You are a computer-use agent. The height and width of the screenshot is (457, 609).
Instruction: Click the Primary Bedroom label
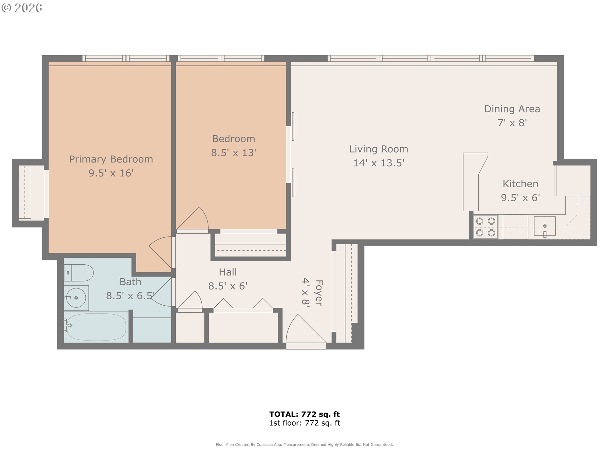coord(111,159)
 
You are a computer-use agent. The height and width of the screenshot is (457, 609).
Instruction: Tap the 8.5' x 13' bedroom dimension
coord(233,153)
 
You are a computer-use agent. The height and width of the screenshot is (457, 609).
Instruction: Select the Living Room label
coord(378,149)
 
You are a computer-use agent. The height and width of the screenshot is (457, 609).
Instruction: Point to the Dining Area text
coord(512,109)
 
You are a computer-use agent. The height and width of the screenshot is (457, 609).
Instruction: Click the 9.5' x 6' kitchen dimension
coord(520,198)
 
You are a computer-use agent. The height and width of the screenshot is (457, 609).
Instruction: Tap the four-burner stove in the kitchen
coord(485,227)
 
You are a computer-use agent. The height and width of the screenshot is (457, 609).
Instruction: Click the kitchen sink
coord(545,226)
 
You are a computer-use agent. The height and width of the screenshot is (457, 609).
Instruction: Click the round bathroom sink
coord(76,298)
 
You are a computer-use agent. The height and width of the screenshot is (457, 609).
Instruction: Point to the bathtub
coord(96,327)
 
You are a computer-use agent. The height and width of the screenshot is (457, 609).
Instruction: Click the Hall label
coord(228,272)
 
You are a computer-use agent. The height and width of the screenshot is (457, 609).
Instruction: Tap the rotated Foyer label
coord(319,293)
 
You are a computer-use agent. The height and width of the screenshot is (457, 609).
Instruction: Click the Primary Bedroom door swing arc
coord(161,251)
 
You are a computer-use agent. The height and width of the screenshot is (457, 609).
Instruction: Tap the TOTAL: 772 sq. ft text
coord(304,414)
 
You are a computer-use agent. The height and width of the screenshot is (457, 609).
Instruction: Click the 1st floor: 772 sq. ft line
coord(304,423)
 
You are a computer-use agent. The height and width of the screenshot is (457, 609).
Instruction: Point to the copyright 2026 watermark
coord(22,8)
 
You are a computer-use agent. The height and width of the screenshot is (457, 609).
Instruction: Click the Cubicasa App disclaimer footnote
coord(304,445)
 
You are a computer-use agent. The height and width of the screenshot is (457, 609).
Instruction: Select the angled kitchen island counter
coord(473,181)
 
